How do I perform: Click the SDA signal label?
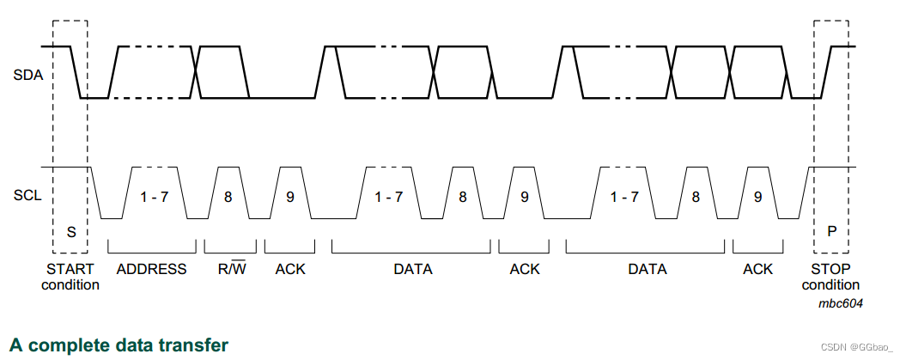[x=28, y=75]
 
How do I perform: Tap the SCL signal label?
[x=28, y=197]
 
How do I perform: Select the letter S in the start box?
[x=71, y=232]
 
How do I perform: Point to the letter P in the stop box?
[x=831, y=232]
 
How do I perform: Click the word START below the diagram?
[x=70, y=269]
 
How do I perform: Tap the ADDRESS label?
[x=151, y=269]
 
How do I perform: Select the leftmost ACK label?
[x=290, y=269]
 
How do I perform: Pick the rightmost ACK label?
[x=757, y=269]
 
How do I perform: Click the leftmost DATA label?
[x=413, y=269]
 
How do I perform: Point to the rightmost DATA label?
[x=648, y=269]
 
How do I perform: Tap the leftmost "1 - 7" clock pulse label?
[x=155, y=197]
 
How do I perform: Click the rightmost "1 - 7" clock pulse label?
[x=624, y=197]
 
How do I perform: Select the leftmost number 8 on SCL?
[x=228, y=197]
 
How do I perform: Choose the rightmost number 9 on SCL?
[x=757, y=197]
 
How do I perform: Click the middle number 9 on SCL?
[x=524, y=197]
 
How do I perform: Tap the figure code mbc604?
[x=841, y=303]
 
